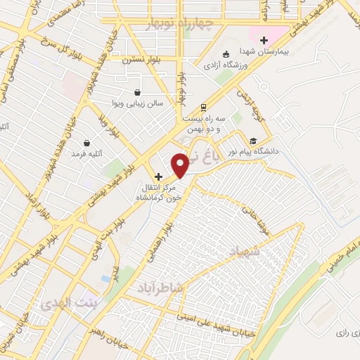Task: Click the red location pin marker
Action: point(180,165)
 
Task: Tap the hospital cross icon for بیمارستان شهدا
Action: point(264,40)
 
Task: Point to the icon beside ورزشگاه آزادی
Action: point(225,54)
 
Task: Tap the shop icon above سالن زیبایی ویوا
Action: point(137,91)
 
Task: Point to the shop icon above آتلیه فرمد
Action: point(86,142)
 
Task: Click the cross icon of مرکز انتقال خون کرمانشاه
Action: point(158,176)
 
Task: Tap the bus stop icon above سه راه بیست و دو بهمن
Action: point(203,107)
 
